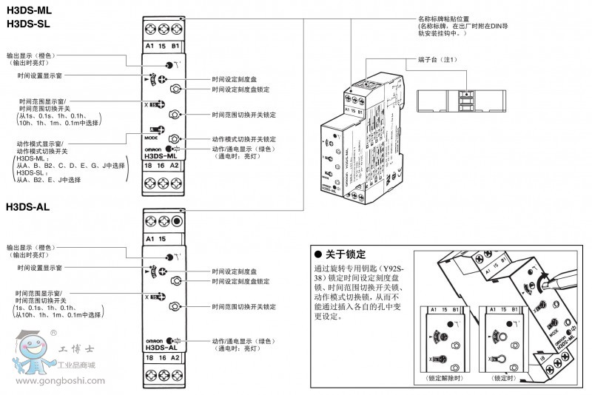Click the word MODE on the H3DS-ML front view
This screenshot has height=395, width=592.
coord(152,138)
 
